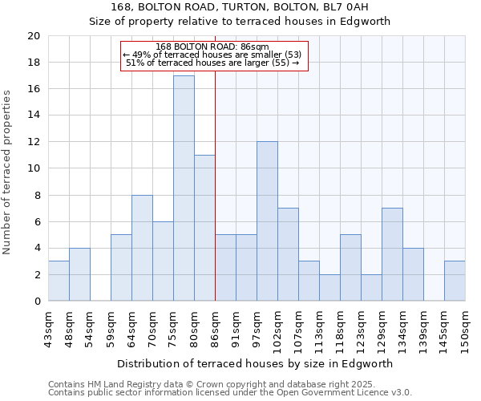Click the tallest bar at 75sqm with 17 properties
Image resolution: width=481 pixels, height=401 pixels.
pyautogui.click(x=184, y=188)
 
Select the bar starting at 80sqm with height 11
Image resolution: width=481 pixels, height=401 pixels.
pyautogui.click(x=204, y=228)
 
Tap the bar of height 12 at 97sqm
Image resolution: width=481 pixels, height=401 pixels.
pyautogui.click(x=267, y=221)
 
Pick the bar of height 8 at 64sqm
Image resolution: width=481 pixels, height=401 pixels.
pyautogui.click(x=142, y=248)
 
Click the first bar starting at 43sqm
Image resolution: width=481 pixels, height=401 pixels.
pyautogui.click(x=59, y=281)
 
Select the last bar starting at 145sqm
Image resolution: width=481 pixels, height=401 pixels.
pyautogui.click(x=455, y=281)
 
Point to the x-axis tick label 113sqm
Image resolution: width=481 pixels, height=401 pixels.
pyautogui.click(x=320, y=327)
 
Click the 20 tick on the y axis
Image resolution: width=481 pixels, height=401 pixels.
pyautogui.click(x=33, y=36)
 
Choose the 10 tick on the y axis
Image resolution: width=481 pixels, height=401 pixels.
pyautogui.click(x=33, y=168)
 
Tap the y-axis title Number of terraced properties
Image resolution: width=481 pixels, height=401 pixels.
pyautogui.click(x=7, y=172)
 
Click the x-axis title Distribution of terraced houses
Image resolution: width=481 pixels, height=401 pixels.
pyautogui.click(x=257, y=363)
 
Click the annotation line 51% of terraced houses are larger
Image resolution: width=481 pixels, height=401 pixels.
pyautogui.click(x=212, y=63)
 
